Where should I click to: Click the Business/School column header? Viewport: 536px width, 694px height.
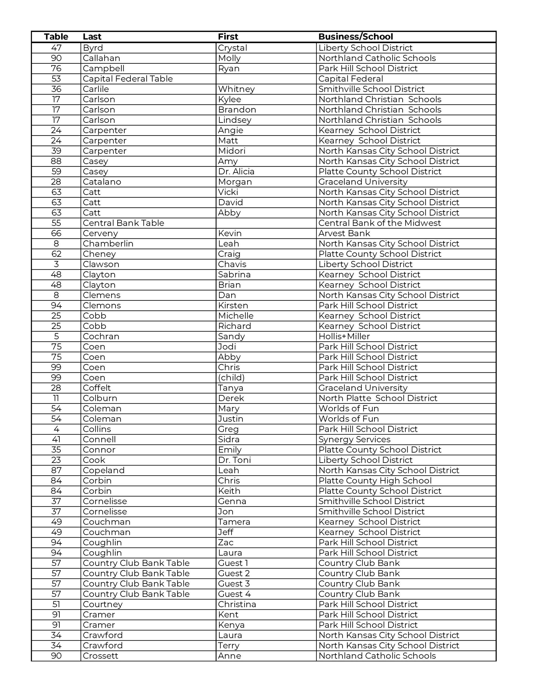356,37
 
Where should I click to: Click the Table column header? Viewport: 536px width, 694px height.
56,37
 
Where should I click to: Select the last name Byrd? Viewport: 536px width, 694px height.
93,48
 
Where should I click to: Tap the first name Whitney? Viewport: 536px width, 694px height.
236,89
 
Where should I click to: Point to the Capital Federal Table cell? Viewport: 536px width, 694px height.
128,79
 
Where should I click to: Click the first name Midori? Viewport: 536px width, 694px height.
232,151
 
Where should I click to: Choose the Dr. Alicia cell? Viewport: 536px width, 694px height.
236,172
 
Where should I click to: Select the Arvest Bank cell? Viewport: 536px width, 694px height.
344,234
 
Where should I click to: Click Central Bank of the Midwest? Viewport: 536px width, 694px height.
379,223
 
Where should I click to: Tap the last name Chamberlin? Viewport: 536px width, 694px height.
108,244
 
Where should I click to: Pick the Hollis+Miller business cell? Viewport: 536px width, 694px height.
344,336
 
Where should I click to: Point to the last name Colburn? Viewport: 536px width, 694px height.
100,399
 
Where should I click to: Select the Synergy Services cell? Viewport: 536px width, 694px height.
354,439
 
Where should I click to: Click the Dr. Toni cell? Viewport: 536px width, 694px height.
234,460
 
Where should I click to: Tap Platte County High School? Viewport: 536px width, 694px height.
375,481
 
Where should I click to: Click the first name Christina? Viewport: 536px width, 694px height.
237,604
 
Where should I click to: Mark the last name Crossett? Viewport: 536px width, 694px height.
101,656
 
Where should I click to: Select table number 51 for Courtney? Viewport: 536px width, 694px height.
56,604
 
